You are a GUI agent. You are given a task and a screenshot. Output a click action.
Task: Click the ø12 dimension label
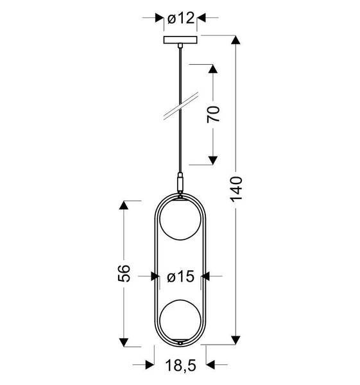[180, 19]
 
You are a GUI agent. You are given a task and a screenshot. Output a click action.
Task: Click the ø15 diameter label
[180, 277]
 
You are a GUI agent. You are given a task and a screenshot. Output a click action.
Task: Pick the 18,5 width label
[181, 367]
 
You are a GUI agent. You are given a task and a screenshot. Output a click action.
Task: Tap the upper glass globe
[181, 221]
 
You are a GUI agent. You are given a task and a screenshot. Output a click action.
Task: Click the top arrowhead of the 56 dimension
[124, 207]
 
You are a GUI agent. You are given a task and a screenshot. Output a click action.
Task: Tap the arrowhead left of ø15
[155, 277]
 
